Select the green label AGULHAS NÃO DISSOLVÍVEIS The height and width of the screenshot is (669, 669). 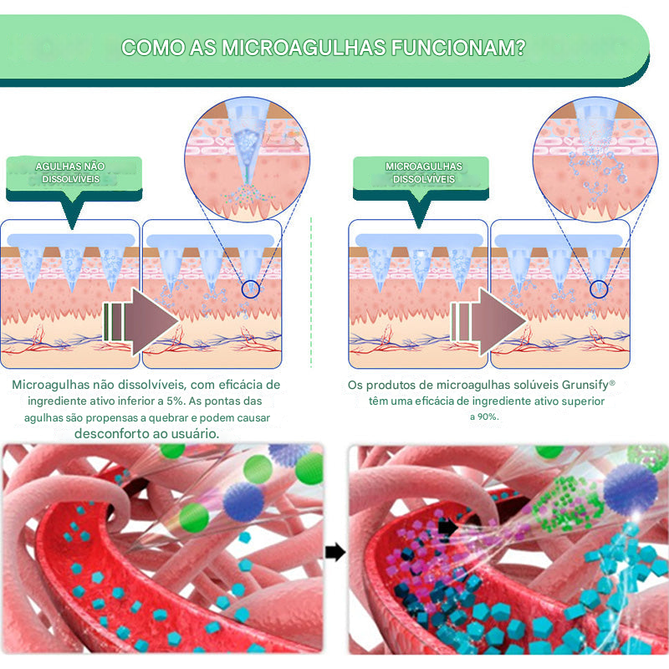tap(74, 172)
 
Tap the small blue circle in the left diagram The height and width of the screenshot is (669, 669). tap(250, 290)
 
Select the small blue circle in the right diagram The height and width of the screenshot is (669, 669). tap(598, 289)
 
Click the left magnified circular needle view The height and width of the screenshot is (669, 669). tap(248, 163)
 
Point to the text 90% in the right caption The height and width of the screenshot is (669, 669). tap(485, 416)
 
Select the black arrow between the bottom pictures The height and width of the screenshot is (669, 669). tap(334, 552)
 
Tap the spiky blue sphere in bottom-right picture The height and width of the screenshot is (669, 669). tap(629, 489)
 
